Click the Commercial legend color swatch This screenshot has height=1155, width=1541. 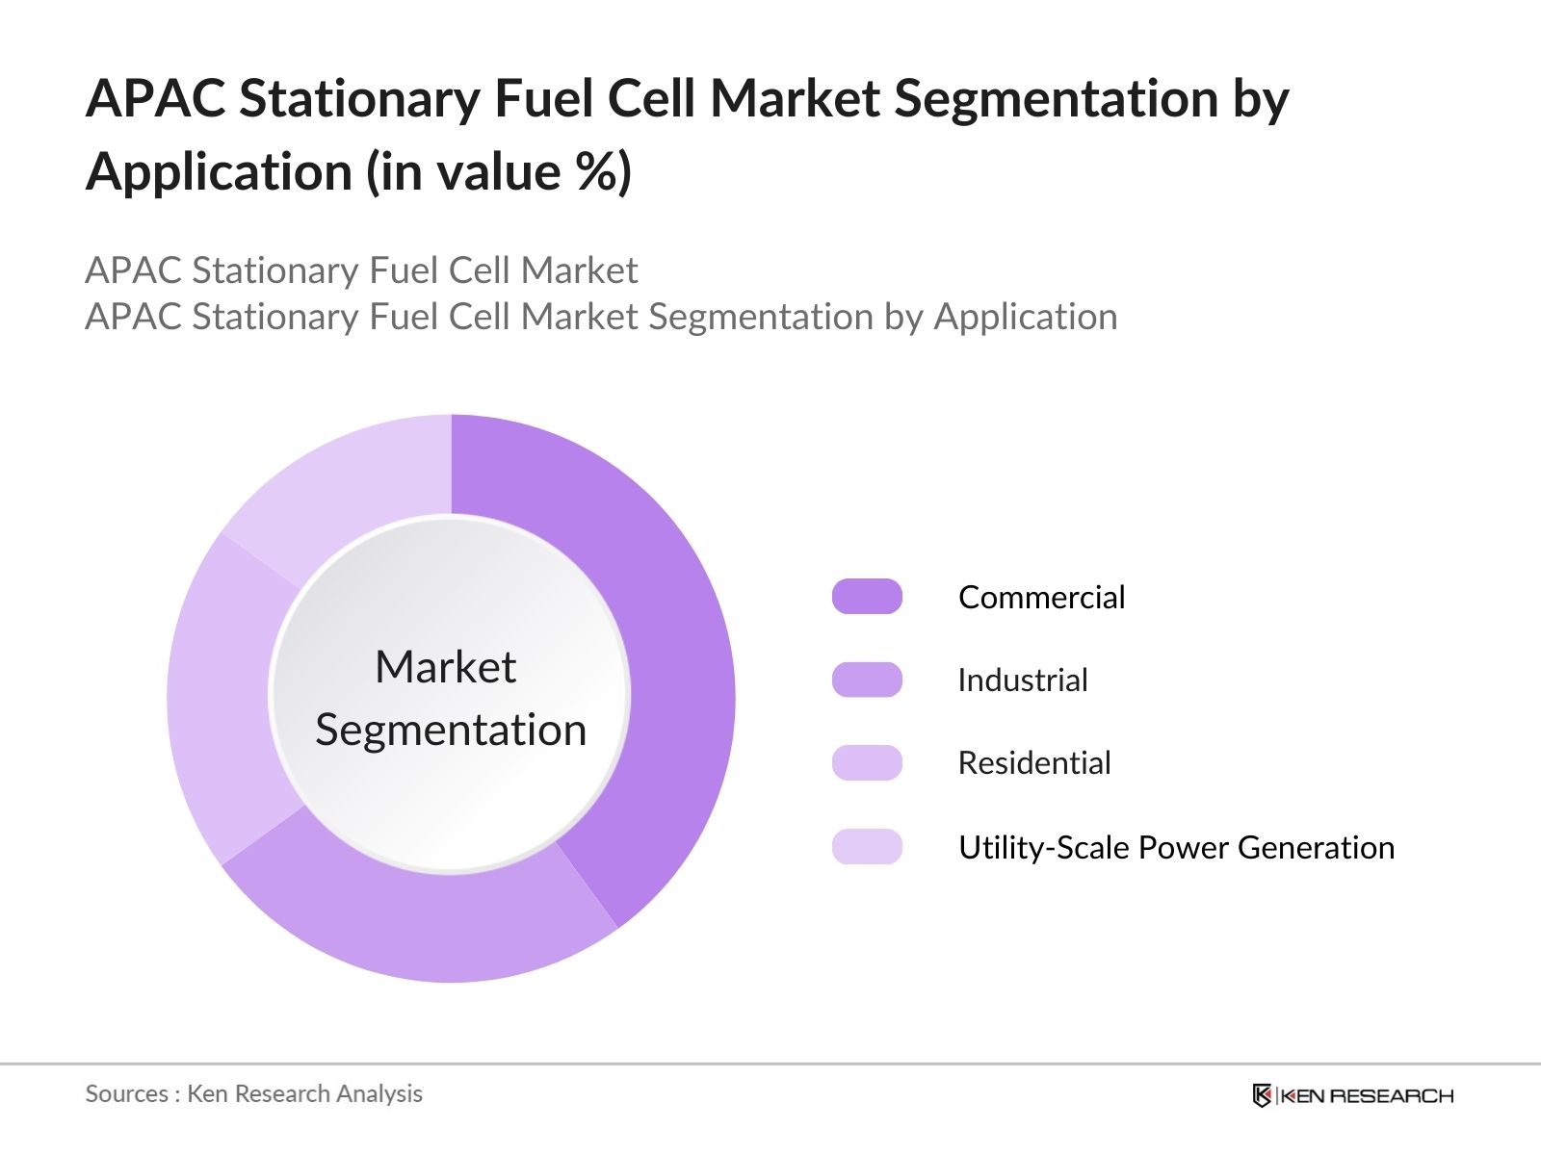pyautogui.click(x=867, y=597)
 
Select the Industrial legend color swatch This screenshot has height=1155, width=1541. pyautogui.click(x=867, y=680)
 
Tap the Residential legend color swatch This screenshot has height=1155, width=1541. pyautogui.click(x=867, y=762)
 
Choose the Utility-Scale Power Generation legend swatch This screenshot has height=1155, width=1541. pyautogui.click(x=867, y=847)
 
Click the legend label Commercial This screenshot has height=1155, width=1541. pyautogui.click(x=1041, y=598)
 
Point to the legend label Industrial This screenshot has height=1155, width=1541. pyautogui.click(x=1023, y=680)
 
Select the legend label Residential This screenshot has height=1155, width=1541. pyautogui.click(x=1034, y=763)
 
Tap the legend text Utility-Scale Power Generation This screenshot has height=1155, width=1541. pyautogui.click(x=1176, y=848)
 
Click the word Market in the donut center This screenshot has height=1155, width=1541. pyautogui.click(x=445, y=667)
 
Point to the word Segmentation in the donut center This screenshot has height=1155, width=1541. pyautogui.click(x=451, y=730)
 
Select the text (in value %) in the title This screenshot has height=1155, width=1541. pyautogui.click(x=499, y=173)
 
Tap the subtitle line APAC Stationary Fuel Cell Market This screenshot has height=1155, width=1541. pyautogui.click(x=361, y=270)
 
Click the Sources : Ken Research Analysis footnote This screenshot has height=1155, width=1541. pyautogui.click(x=254, y=1093)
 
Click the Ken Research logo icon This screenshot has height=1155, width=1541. pyautogui.click(x=1262, y=1095)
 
